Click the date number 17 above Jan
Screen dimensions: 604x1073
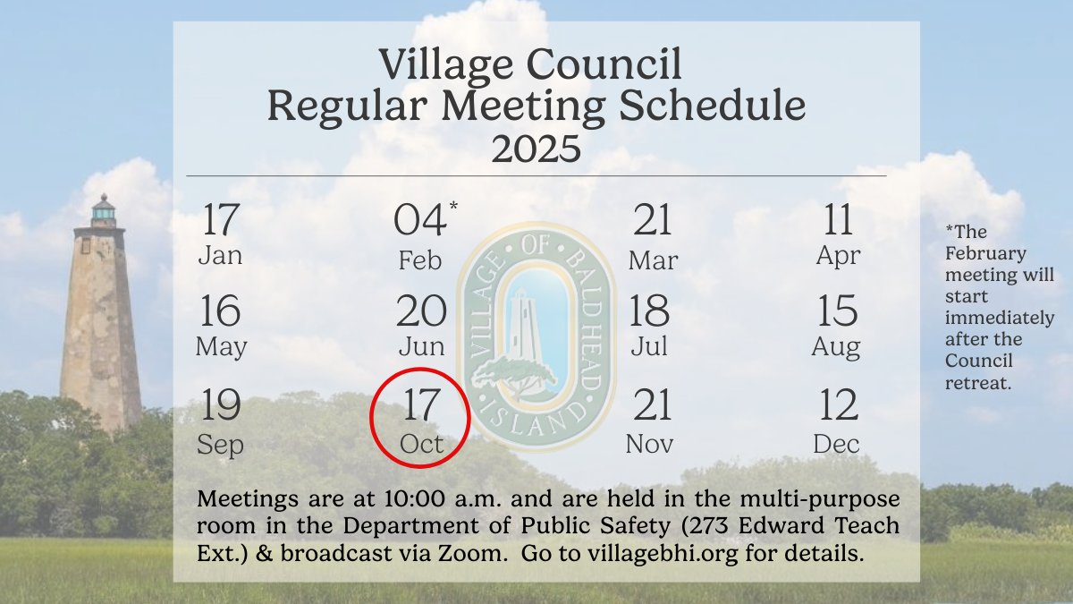point(221,220)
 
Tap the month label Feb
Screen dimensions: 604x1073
point(420,260)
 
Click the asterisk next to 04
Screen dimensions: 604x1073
point(453,208)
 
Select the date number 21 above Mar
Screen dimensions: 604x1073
point(653,220)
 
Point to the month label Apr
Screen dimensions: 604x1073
point(838,256)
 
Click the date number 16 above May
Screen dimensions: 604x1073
point(221,311)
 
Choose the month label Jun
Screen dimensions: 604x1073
point(420,347)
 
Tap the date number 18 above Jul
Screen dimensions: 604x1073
point(650,311)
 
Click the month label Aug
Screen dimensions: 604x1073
point(836,347)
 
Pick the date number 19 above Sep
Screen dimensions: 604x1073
point(221,406)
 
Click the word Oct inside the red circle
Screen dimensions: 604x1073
point(421,443)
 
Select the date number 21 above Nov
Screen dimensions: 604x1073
point(653,406)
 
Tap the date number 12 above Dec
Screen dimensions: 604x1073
point(838,406)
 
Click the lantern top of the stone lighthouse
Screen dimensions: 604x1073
point(104,210)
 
